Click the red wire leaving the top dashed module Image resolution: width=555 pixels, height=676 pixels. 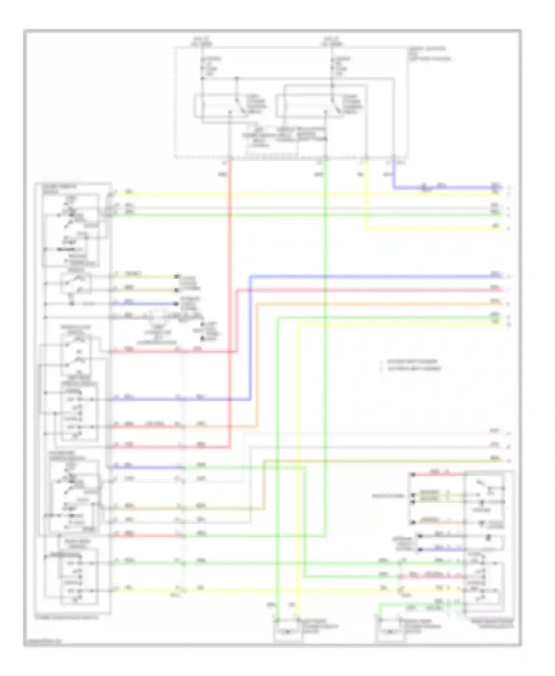(x=230, y=259)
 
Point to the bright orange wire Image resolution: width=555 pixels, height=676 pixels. (x=370, y=304)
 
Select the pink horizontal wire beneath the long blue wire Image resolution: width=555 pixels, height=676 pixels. (x=370, y=290)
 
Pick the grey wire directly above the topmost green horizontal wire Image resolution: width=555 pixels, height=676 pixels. (x=296, y=208)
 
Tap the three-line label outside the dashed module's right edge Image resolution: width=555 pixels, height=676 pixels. (x=429, y=54)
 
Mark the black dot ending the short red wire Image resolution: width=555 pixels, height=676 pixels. (x=413, y=474)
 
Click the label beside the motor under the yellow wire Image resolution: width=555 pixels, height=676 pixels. (x=320, y=626)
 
